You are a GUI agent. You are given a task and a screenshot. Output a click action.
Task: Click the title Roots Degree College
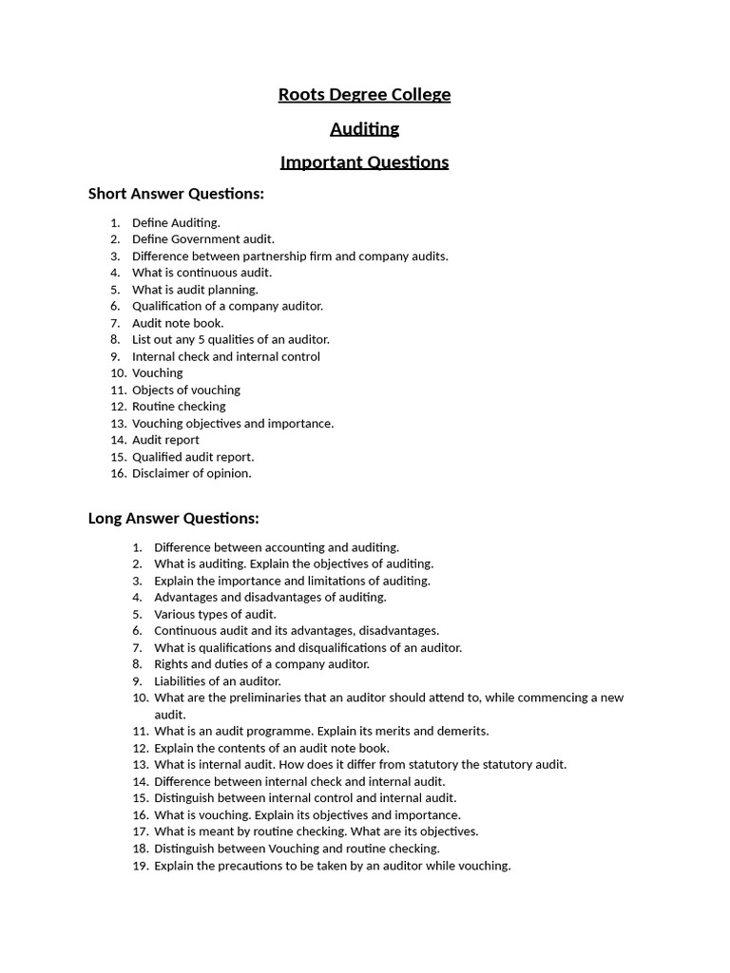click(364, 95)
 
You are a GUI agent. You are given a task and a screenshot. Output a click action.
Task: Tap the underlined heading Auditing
click(364, 128)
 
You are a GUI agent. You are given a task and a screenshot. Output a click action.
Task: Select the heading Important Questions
click(364, 162)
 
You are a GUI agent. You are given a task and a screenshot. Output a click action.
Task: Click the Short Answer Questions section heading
click(176, 194)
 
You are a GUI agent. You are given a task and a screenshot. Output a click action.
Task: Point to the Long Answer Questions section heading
click(173, 519)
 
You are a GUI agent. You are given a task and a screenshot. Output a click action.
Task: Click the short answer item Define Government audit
click(202, 239)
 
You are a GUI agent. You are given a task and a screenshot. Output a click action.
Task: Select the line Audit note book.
click(178, 323)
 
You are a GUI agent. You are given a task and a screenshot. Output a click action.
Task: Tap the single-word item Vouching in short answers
click(157, 373)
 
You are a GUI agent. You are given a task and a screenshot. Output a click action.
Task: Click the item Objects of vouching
click(185, 390)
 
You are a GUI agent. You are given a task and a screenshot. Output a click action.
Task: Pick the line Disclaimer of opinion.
click(191, 473)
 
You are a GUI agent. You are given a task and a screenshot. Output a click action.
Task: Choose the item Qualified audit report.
click(193, 457)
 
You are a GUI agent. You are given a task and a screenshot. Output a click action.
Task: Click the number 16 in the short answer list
click(118, 473)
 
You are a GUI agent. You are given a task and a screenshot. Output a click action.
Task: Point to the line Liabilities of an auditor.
click(218, 681)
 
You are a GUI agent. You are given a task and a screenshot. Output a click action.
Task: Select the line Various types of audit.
click(215, 614)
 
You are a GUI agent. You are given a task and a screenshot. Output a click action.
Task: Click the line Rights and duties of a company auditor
click(261, 664)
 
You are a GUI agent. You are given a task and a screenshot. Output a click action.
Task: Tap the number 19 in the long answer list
click(140, 866)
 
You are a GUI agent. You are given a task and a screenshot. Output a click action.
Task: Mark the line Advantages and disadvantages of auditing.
click(270, 598)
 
